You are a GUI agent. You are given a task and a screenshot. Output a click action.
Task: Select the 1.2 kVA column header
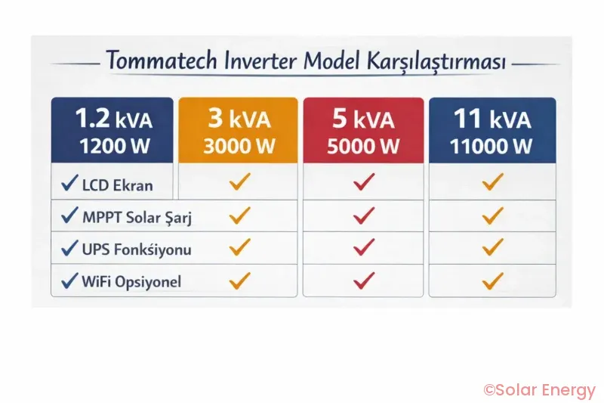pos(112,130)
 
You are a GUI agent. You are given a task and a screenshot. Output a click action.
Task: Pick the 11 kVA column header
pos(492,130)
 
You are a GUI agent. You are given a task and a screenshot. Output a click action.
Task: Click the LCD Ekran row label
pos(117,184)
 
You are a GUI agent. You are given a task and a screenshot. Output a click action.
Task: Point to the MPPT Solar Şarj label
pos(137,218)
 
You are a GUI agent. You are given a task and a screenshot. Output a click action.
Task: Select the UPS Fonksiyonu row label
pos(136,249)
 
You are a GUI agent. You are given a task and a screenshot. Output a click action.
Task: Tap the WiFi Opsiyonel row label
pos(131,282)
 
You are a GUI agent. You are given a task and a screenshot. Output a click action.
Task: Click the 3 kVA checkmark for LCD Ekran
pos(239,182)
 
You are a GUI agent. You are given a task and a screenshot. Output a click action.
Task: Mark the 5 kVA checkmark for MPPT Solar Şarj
pos(364,216)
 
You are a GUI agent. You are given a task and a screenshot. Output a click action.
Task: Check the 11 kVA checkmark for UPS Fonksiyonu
pos(492,247)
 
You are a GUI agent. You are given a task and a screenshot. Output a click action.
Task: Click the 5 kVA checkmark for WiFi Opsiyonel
pos(364,281)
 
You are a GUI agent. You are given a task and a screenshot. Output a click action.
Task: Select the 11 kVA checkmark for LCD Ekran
pos(492,182)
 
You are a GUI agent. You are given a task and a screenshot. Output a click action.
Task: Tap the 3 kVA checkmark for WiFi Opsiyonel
pos(239,281)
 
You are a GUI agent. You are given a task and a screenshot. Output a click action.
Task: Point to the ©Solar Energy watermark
pos(539,390)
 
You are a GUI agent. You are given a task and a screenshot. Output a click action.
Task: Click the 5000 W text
pos(363,146)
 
